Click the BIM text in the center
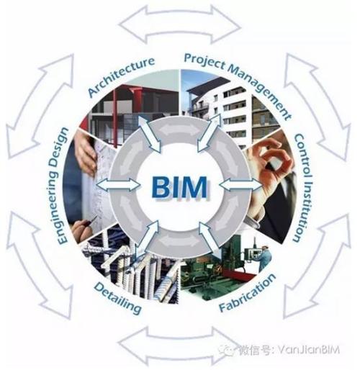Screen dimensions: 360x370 pyautogui.click(x=179, y=187)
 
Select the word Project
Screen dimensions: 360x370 pyautogui.click(x=204, y=61)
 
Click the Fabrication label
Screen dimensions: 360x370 pyautogui.click(x=248, y=293)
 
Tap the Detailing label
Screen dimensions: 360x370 pyautogui.click(x=117, y=298)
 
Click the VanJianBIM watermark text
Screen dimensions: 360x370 pyautogui.click(x=309, y=350)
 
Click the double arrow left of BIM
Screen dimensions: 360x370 pyautogui.click(x=118, y=185)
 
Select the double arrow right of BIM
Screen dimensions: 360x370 pyautogui.click(x=240, y=185)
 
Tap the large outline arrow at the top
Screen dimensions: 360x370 pyautogui.click(x=180, y=24)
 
